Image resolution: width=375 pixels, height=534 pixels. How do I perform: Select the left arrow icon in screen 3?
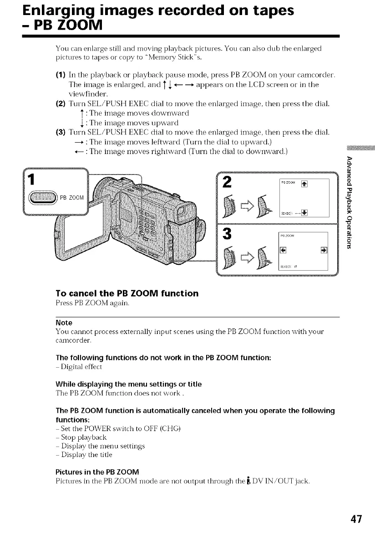pos(282,249)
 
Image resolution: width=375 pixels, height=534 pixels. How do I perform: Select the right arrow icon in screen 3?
pos(324,249)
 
